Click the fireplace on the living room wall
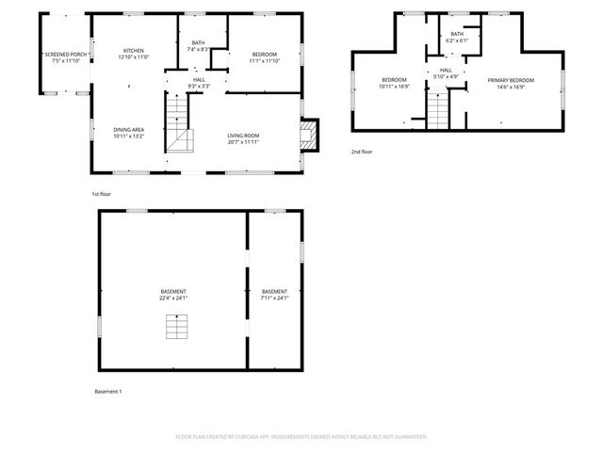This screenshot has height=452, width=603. tap(309, 132)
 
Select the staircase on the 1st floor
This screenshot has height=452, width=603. tap(180, 129)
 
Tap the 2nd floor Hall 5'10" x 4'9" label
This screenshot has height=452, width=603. tap(445, 73)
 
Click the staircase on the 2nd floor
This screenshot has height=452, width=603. tap(438, 110)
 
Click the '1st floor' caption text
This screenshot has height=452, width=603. tap(103, 194)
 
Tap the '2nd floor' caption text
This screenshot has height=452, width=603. tap(363, 151)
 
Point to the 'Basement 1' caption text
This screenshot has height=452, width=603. tap(108, 391)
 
